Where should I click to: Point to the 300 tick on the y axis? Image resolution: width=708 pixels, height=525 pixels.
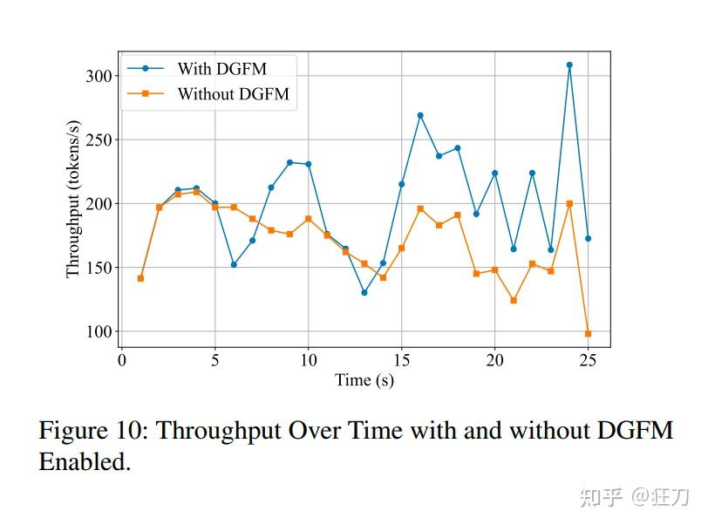pos(100,76)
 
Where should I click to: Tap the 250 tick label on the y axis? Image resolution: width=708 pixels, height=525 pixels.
pos(100,140)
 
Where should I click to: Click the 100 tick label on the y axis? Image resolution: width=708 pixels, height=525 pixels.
pos(100,331)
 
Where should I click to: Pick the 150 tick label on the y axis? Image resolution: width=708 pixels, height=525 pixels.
pos(100,268)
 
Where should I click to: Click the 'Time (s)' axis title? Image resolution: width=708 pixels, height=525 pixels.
pos(364,380)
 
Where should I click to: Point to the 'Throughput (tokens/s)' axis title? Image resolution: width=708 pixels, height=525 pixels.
pos(73,199)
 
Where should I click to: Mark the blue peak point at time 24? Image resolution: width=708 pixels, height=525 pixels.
pos(569,65)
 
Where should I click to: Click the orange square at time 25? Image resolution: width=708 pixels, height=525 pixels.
pos(588,334)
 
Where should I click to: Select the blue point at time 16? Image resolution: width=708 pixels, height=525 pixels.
pos(420,115)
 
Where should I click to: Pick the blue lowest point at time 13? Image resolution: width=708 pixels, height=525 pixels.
pos(364,292)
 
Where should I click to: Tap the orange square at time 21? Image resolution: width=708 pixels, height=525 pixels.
pos(514,300)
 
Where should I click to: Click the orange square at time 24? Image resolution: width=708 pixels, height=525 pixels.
pos(569,203)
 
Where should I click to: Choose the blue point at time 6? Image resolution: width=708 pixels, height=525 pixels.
pos(234,264)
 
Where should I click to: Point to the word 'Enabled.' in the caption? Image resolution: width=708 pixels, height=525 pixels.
pos(85,462)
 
